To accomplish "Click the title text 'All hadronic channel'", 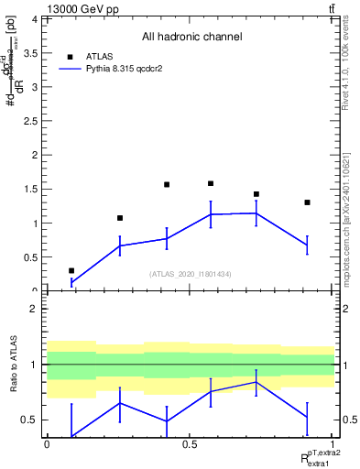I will coord(191,38).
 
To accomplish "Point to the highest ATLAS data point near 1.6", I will coord(211,183).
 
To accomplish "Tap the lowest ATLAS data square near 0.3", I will coord(71,270).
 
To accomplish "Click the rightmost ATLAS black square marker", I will coord(307,202).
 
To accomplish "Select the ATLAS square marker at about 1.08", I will coord(120,218).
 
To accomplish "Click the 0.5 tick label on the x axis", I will coord(190,443).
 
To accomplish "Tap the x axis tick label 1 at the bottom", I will coord(332,443).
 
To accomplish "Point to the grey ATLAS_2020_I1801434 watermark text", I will coord(191,274).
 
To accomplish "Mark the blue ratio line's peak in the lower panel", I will coord(256,382).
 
